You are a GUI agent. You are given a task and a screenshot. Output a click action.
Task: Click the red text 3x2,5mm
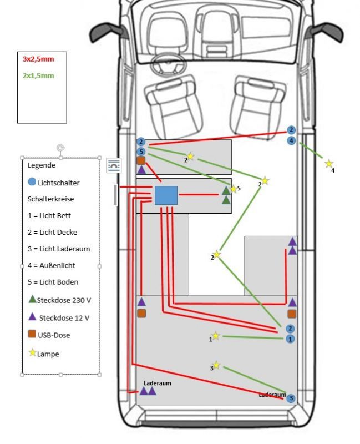(x=38, y=59)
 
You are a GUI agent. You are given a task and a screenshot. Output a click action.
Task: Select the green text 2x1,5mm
(x=38, y=75)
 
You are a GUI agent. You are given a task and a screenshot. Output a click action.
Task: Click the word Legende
(x=42, y=165)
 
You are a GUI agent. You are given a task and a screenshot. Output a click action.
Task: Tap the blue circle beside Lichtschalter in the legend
(x=32, y=182)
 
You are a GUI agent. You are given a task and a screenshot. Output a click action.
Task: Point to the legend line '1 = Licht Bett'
(x=49, y=215)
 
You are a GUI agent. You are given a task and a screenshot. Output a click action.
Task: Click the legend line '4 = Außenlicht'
(x=51, y=265)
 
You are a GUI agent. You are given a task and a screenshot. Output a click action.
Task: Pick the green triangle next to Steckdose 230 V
(x=32, y=299)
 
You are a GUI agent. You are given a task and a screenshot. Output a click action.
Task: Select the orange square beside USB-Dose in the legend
(x=32, y=334)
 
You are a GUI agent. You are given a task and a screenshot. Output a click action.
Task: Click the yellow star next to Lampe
(x=32, y=352)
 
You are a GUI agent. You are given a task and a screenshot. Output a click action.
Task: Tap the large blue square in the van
(x=166, y=195)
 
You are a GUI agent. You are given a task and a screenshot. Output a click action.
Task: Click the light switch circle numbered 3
(x=291, y=398)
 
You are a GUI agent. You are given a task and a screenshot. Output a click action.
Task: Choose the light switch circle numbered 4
(x=292, y=141)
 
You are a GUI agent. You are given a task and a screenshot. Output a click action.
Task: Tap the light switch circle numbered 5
(x=141, y=152)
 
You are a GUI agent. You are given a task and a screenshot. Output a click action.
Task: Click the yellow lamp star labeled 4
(x=329, y=164)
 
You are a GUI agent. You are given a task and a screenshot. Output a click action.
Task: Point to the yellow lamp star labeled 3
(x=216, y=365)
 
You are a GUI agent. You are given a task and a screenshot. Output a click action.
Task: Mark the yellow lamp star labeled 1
(x=216, y=336)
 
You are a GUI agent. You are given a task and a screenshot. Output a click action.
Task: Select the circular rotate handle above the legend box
(x=60, y=148)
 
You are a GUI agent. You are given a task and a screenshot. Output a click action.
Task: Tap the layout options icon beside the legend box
(x=114, y=165)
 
